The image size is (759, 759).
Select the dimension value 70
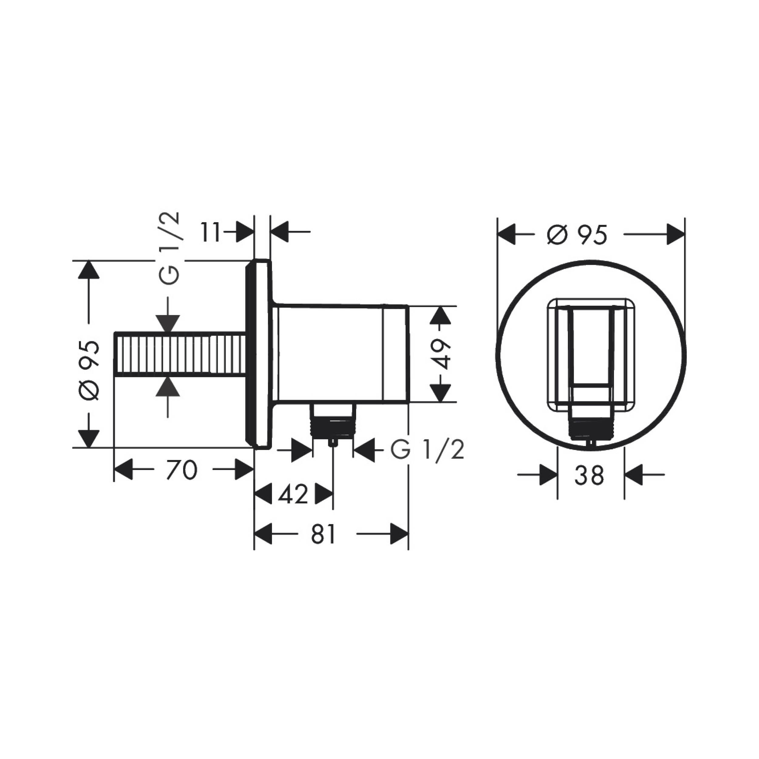click(182, 470)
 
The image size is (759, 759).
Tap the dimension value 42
click(293, 495)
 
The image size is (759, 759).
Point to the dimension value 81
click(324, 534)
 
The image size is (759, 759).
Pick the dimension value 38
click(589, 475)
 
